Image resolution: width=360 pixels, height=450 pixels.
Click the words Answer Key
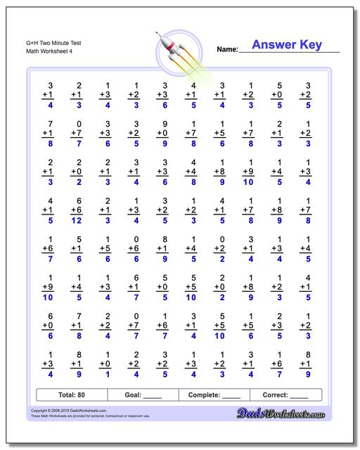(287, 45)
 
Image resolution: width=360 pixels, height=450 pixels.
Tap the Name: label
(226, 50)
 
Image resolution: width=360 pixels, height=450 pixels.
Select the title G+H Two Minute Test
(44, 43)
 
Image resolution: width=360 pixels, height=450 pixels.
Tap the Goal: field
(145, 395)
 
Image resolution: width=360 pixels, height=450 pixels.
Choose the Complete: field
(215, 395)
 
